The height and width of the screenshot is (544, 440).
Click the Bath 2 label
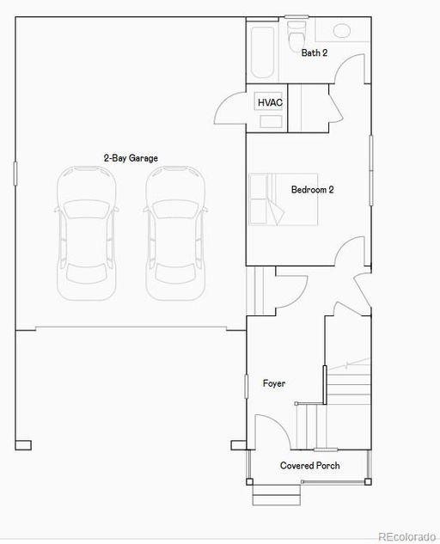314,52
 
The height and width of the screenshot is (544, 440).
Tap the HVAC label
270,102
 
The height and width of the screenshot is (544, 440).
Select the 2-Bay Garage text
131,158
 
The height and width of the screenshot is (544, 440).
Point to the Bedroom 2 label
312,190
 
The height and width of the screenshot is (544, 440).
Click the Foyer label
274,383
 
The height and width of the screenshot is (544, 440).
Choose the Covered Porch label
310,466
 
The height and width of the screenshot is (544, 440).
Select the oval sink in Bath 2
342,31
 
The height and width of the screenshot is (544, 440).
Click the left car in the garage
87,233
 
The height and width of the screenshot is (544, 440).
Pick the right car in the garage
175,233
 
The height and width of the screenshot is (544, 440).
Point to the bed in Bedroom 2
283,199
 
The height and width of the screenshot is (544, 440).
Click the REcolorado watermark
406,537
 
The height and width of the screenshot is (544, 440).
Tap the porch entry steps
276,495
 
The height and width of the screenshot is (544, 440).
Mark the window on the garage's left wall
15,173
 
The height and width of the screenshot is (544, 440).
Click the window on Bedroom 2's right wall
371,170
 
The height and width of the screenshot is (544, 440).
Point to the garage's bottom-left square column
23,445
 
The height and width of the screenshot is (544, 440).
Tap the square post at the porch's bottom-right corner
368,481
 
